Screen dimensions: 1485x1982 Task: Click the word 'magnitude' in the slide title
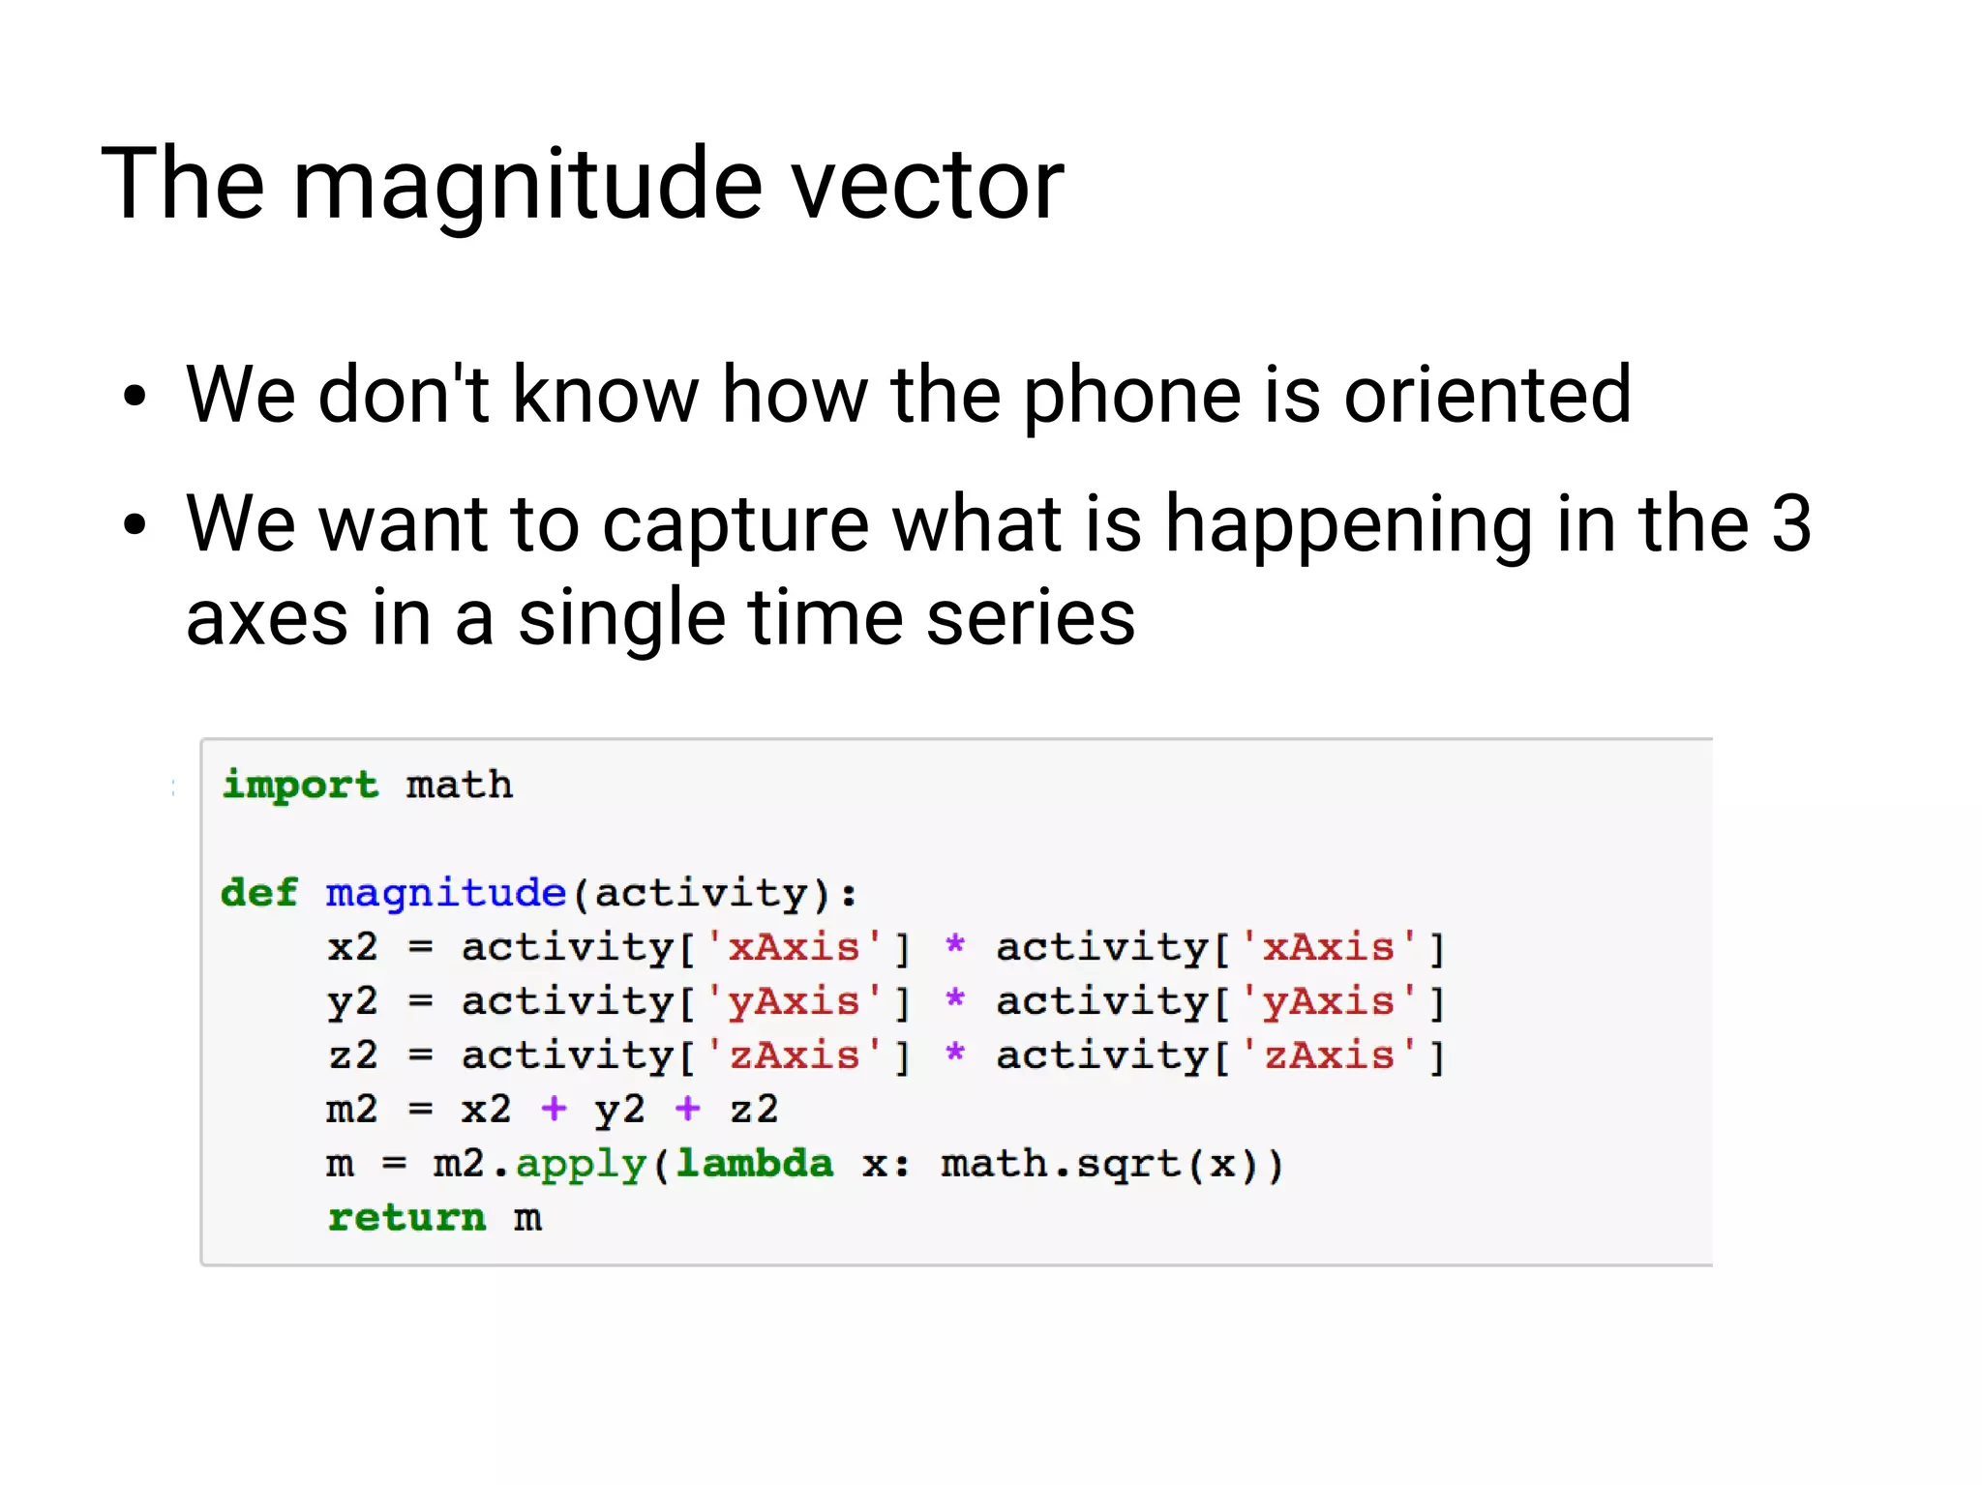coord(526,184)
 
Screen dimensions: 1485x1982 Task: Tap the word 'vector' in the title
coord(927,184)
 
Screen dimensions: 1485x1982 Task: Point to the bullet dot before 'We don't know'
coord(135,396)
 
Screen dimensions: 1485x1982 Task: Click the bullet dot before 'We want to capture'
coord(135,524)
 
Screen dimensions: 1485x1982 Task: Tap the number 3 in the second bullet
coord(1790,523)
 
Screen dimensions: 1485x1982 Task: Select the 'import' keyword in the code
coord(300,785)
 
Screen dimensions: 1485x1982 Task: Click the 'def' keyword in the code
coord(258,892)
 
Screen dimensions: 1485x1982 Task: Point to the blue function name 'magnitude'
coord(445,892)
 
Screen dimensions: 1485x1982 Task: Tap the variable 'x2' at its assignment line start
coord(352,946)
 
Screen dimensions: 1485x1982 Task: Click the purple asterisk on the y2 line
coord(955,999)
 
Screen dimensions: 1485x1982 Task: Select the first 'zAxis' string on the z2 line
coord(794,1054)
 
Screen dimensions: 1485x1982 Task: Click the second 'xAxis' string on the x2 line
coord(1328,946)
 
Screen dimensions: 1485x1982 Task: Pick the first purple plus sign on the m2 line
coord(554,1108)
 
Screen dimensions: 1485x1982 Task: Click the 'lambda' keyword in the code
coord(754,1163)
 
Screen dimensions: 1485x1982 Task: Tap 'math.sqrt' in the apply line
coord(1059,1163)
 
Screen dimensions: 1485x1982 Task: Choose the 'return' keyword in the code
coord(406,1217)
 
